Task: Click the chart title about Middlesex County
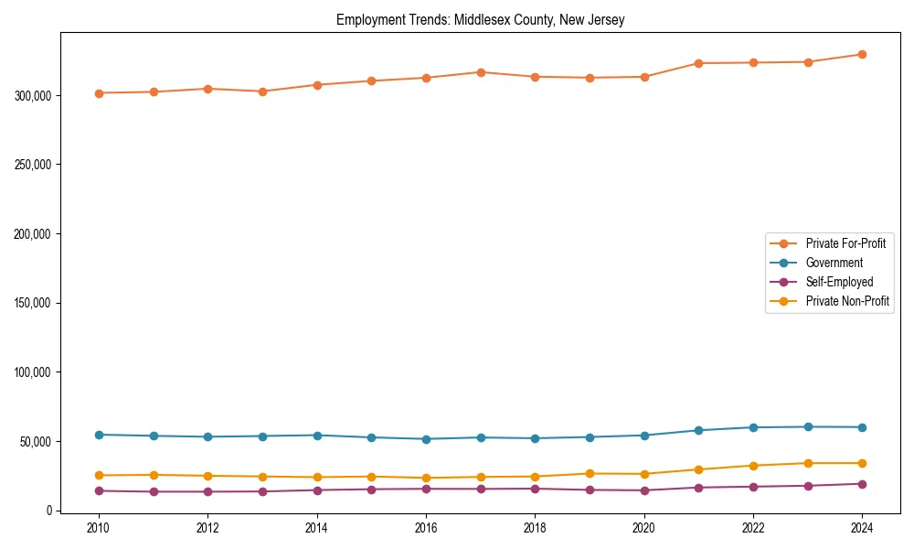point(480,20)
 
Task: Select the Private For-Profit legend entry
point(845,243)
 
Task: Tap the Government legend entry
point(834,263)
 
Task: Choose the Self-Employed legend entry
point(839,282)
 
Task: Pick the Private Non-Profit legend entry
point(847,301)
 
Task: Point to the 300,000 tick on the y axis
point(35,95)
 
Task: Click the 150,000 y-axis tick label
point(35,303)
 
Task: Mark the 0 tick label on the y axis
point(49,511)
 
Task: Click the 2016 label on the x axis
point(426,528)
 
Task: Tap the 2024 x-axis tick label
point(862,528)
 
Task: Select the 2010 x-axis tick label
point(99,528)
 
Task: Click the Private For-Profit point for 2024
point(862,54)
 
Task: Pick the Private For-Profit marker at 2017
point(481,72)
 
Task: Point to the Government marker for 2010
point(99,435)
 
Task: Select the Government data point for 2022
point(753,427)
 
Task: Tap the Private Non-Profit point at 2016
point(426,478)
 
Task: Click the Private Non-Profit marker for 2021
point(698,469)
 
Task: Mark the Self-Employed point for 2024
point(862,484)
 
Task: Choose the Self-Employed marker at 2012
point(207,491)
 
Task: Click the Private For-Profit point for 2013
point(262,91)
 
